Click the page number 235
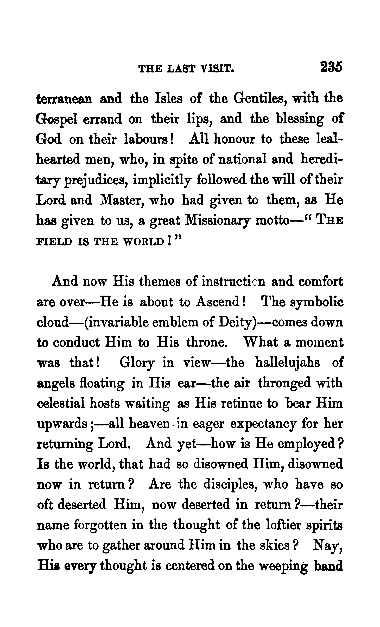[331, 67]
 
